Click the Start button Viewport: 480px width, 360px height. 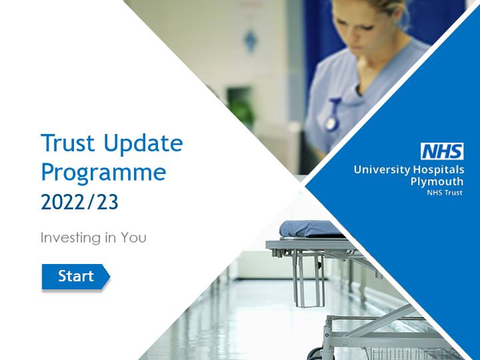point(75,277)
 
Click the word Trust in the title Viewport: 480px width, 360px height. point(68,143)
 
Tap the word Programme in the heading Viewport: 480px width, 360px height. point(103,173)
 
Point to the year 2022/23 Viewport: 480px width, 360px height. point(79,202)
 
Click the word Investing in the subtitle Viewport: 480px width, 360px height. point(70,238)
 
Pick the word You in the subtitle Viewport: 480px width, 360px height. point(133,237)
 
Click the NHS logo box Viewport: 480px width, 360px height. point(442,151)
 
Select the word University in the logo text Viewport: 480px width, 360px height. point(382,170)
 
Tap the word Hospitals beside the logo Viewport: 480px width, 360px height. point(439,169)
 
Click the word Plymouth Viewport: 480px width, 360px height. point(437,182)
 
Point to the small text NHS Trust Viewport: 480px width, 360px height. point(445,193)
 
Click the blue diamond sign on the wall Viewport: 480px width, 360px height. point(250,40)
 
